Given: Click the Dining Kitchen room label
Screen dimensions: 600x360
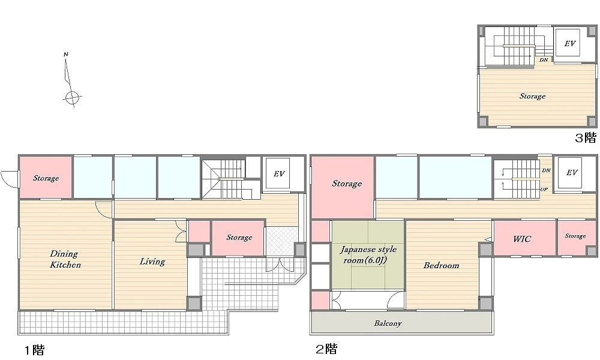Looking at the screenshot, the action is pos(65,259).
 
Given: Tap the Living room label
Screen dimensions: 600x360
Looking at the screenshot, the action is pos(152,262).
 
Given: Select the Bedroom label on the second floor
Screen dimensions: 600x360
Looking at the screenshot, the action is pos(441,265).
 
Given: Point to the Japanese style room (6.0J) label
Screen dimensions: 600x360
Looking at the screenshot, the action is pos(368,255).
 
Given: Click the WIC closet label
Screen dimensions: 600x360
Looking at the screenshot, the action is pos(522,239).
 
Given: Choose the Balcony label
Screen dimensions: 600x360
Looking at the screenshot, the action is pos(388,323).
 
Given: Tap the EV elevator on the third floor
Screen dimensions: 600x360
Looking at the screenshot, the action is pos(570,44).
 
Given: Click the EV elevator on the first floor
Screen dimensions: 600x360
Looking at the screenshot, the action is pos(279,173).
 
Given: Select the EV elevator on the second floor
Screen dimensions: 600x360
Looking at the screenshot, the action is pos(572,173).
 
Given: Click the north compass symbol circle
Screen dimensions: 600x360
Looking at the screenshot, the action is pos(71,98).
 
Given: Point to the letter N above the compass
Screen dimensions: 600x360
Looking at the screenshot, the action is pos(66,55).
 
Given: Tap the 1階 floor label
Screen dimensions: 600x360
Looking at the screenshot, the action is pos(34,350).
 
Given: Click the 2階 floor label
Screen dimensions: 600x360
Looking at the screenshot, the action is pos(326,349).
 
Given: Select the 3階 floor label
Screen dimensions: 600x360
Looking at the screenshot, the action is pos(586,137).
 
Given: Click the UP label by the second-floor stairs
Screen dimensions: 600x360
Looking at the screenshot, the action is pos(544,190).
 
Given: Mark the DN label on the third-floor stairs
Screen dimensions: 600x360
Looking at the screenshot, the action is pos(544,60).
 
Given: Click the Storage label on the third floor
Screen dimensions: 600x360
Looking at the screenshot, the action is pos(532,96).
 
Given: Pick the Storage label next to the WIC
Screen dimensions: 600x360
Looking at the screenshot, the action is pos(575,236).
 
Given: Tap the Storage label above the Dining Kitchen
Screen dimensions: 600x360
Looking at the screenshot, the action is pos(46,178).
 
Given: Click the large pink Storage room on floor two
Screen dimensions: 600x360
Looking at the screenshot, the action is pos(342,187).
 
